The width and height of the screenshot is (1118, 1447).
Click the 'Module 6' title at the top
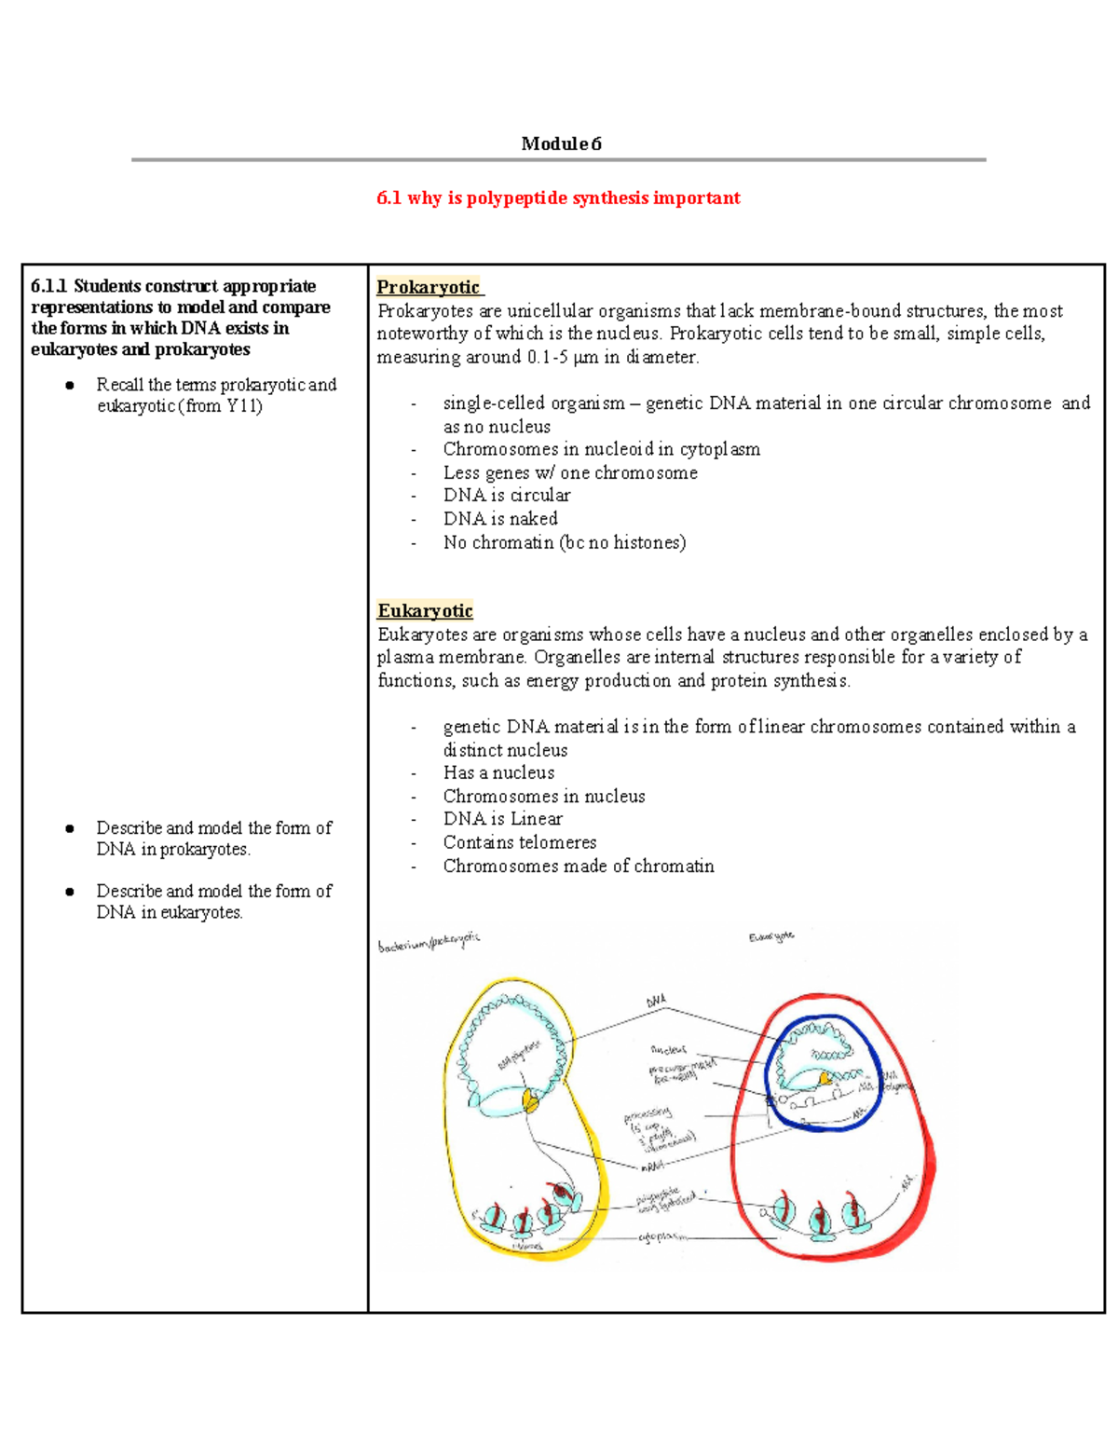point(561,143)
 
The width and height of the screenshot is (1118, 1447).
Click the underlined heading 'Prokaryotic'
point(429,287)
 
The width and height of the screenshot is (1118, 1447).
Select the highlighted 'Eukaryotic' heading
point(425,610)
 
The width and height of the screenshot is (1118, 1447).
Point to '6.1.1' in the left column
point(49,286)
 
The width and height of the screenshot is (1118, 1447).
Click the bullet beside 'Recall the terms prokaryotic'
point(70,386)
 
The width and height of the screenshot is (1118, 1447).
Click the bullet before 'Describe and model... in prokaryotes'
point(70,828)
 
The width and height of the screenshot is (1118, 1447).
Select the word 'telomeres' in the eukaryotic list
point(559,842)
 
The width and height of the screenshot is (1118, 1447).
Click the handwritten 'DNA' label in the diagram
point(657,1001)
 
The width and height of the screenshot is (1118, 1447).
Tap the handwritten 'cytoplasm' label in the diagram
point(664,1237)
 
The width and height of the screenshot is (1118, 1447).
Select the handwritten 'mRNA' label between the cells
point(652,1166)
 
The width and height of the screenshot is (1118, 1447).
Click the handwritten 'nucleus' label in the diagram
point(668,1049)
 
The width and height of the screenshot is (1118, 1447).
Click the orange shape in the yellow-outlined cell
point(531,1101)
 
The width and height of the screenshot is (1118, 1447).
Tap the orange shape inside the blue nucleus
point(825,1078)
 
